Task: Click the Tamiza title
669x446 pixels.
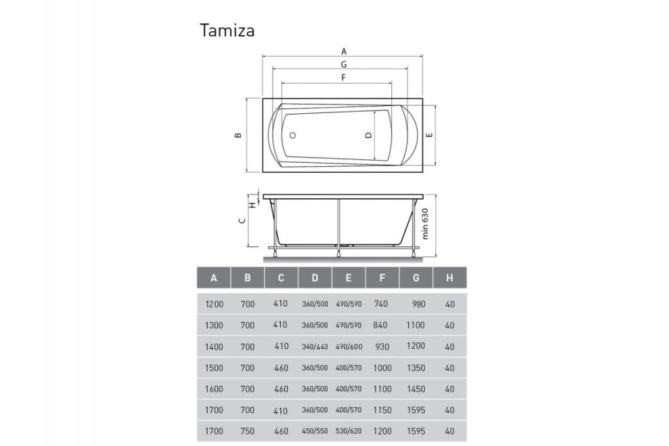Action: (227, 31)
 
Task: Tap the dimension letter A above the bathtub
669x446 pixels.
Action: (344, 51)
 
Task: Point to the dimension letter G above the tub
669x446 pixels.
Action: (343, 64)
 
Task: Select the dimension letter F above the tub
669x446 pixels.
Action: (343, 78)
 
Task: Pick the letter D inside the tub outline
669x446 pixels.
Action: (368, 135)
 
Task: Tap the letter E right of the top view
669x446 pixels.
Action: (430, 135)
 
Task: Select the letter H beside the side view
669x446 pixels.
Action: (252, 204)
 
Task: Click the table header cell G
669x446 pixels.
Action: (416, 278)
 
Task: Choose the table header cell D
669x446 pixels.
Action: (315, 278)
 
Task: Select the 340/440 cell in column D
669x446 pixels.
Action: (315, 347)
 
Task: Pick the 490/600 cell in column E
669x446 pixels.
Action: (349, 347)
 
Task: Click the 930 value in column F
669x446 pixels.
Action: (382, 347)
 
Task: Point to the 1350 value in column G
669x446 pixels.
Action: (416, 368)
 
